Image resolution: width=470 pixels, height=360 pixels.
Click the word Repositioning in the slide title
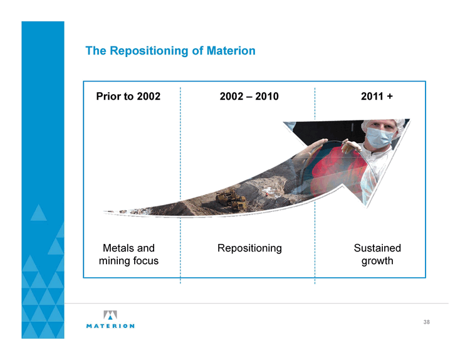tap(149, 51)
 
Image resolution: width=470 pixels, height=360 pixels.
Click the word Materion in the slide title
tap(231, 50)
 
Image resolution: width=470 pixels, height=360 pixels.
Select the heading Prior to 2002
tap(128, 97)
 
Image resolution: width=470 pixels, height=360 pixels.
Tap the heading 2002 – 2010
tap(249, 97)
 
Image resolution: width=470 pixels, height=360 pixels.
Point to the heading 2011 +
tap(377, 97)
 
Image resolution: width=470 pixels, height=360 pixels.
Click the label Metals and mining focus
tap(128, 255)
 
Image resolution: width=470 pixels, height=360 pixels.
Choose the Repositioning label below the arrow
tap(249, 249)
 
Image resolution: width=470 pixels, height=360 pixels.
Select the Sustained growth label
tap(377, 255)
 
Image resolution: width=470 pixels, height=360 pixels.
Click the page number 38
tap(427, 322)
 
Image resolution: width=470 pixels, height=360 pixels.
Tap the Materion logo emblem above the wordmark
tap(110, 315)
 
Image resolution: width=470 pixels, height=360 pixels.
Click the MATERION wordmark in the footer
tap(110, 326)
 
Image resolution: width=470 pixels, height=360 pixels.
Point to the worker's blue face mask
tap(380, 137)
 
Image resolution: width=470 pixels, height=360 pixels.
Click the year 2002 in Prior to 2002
tap(149, 97)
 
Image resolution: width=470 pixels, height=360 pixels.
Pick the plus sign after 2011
tap(390, 97)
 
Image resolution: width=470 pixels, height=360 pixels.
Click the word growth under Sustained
tap(377, 261)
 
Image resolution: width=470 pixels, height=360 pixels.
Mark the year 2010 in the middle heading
tap(267, 97)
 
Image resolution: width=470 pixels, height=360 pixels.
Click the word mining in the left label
tap(115, 261)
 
